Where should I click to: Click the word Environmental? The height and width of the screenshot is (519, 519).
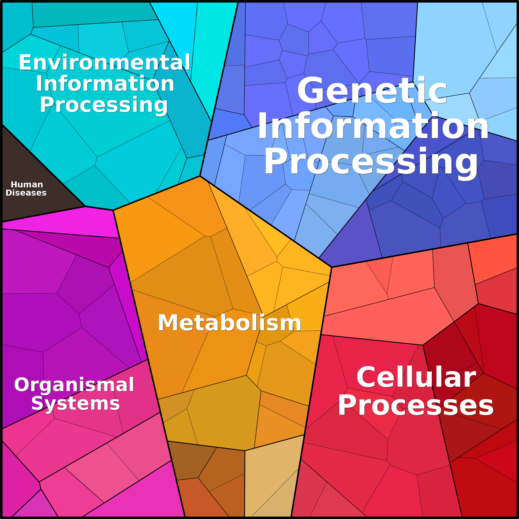click(x=105, y=62)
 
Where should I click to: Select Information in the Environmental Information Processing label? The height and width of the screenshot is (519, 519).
click(x=105, y=83)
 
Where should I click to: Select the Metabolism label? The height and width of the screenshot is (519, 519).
click(x=229, y=323)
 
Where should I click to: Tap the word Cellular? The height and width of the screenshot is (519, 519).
click(x=416, y=377)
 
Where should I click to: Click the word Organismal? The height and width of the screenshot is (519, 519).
click(x=74, y=385)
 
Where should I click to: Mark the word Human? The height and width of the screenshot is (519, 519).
click(x=27, y=185)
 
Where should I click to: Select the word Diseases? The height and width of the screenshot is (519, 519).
click(x=26, y=193)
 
